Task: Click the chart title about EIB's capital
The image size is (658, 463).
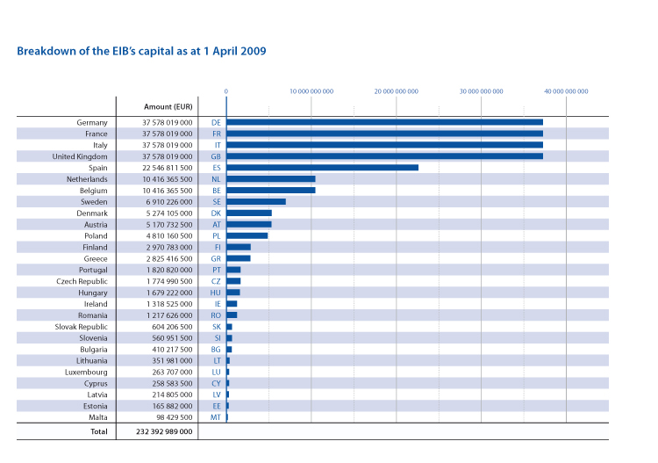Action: [x=141, y=51]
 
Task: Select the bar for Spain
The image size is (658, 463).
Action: [x=322, y=167]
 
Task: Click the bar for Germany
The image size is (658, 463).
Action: [x=384, y=122]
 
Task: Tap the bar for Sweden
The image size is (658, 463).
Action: [x=256, y=201]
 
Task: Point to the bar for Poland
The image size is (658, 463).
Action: [x=247, y=235]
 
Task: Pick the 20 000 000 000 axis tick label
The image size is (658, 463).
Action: [x=396, y=90]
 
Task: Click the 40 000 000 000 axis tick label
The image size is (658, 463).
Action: [x=566, y=90]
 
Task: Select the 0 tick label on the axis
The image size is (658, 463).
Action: [x=226, y=90]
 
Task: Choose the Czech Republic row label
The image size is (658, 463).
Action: [x=82, y=281]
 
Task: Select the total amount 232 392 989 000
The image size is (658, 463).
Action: [x=164, y=432]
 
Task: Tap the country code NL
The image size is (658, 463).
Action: [x=216, y=178]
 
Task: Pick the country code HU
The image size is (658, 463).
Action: [x=216, y=293]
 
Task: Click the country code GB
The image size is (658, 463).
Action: [x=216, y=156]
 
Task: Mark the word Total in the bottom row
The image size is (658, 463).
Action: [x=98, y=432]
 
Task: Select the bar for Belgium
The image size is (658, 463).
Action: [x=271, y=190]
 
